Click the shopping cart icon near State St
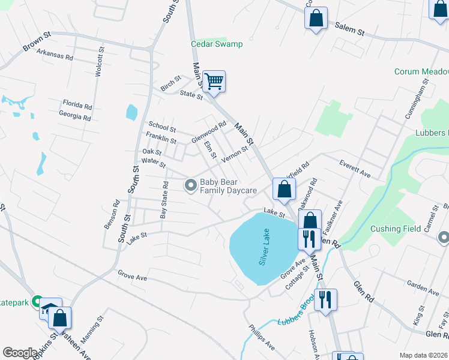tap(214, 81)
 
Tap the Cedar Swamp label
tap(217, 44)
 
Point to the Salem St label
tap(349, 28)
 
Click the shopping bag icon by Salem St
tap(316, 18)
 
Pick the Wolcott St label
tap(98, 62)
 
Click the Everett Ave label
tap(355, 167)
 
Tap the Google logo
tap(20, 353)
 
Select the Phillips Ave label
tap(262, 338)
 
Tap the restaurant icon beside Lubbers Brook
tap(325, 299)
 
